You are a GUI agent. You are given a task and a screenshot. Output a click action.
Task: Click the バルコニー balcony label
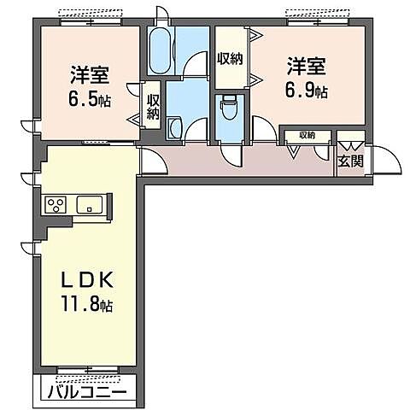tap(87, 394)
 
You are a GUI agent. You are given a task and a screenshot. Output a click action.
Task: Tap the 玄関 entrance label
tap(350, 160)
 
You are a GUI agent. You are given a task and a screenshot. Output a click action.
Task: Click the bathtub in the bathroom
tap(160, 53)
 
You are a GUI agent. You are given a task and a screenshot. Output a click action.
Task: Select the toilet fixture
tap(229, 112)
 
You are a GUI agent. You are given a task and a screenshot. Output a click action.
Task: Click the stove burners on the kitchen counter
tap(56, 204)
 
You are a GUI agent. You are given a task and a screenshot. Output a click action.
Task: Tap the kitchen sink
tap(90, 204)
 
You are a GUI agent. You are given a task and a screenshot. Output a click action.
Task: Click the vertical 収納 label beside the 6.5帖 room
tap(153, 105)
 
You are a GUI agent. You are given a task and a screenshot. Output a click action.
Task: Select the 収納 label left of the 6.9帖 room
tap(230, 59)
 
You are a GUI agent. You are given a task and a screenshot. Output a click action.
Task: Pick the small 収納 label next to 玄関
tap(306, 135)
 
